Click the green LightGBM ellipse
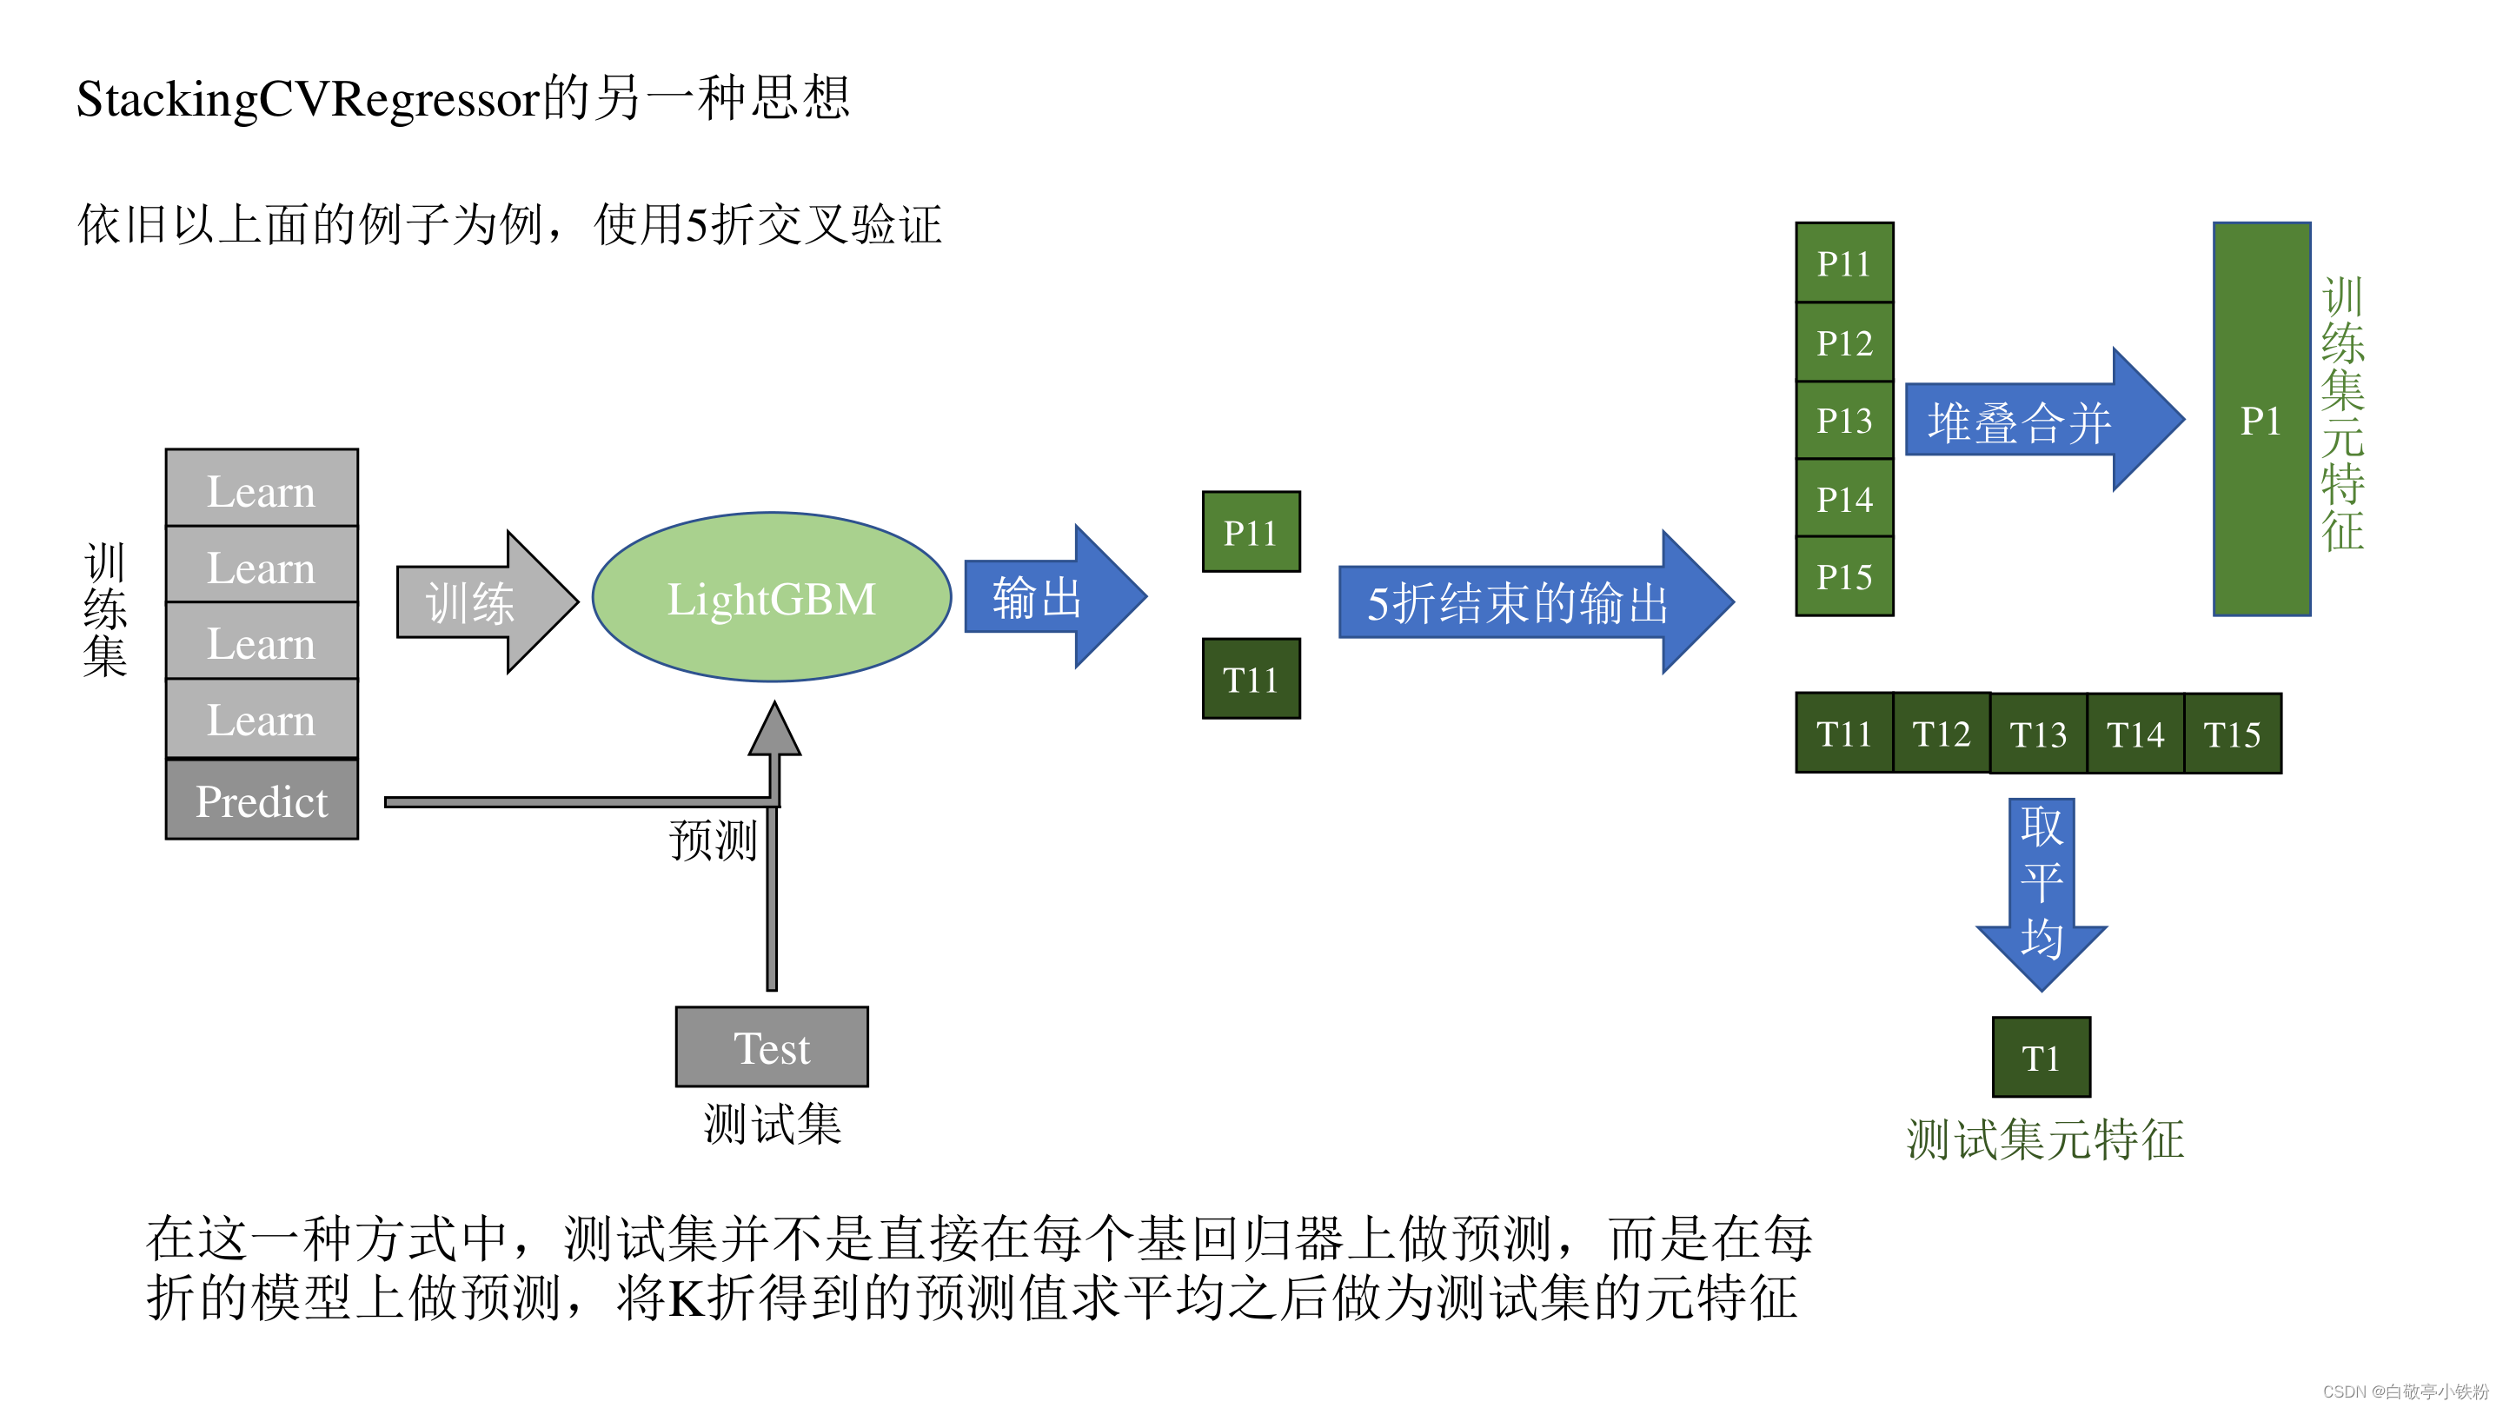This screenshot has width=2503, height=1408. pyautogui.click(x=772, y=598)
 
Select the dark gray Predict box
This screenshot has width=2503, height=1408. pyautogui.click(x=262, y=800)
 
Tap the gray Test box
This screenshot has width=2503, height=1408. pyautogui.click(x=772, y=1047)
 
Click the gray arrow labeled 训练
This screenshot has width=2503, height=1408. pyautogui.click(x=486, y=602)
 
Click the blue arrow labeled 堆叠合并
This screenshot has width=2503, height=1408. pyautogui.click(x=2041, y=421)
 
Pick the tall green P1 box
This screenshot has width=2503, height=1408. pyautogui.click(x=2261, y=420)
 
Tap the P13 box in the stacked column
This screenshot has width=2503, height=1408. pyautogui.click(x=1844, y=420)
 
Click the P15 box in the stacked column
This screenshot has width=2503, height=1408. pyautogui.click(x=1844, y=576)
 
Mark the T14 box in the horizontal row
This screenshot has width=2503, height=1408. pyautogui.click(x=2135, y=734)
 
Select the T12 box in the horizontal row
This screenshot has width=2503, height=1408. pyautogui.click(x=1942, y=734)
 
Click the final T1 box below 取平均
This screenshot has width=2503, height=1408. pyautogui.click(x=2041, y=1057)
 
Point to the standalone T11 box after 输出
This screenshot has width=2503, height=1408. pyautogui.click(x=1251, y=679)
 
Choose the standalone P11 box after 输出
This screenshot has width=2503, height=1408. pyautogui.click(x=1251, y=532)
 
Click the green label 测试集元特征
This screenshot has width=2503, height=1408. pyautogui.click(x=2045, y=1139)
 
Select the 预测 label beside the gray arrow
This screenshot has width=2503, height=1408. pyautogui.click(x=713, y=840)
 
